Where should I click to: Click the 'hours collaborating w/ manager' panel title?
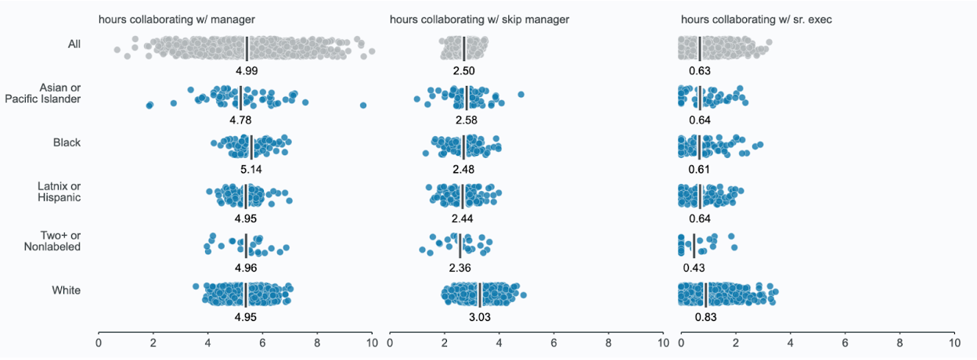pos(177,20)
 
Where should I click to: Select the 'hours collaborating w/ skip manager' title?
pos(479,20)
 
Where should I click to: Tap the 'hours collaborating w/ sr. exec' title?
pos(756,20)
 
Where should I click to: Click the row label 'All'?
pos(74,44)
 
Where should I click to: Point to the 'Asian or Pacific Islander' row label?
pos(43,93)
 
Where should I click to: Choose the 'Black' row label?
pos(67,142)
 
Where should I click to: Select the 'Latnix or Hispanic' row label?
pos(59,192)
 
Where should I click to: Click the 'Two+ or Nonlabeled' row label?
pos(52,241)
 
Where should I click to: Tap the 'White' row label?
pos(67,290)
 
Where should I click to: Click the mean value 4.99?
pos(247,70)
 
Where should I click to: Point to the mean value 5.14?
pos(251,169)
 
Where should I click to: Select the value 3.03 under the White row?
pos(480,317)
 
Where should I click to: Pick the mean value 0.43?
pos(694,268)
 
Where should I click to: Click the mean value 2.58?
pos(467,120)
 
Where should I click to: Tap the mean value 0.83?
pos(705,317)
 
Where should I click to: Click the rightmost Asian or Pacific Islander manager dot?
pos(363,105)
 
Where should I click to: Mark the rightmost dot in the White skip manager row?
pos(524,296)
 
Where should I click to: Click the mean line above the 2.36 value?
pos(460,246)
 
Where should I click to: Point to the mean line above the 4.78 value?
pos(241,98)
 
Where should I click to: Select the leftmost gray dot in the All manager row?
pos(117,49)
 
